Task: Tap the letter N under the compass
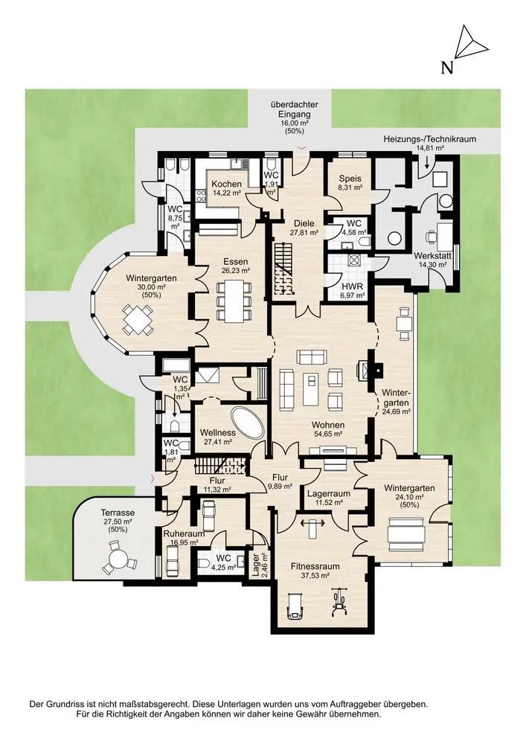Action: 447,68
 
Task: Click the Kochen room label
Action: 225,184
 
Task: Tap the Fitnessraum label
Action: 315,566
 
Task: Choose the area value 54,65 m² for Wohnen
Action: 328,434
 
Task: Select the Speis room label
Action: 350,179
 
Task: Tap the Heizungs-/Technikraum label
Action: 429,138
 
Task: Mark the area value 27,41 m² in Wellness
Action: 217,442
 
